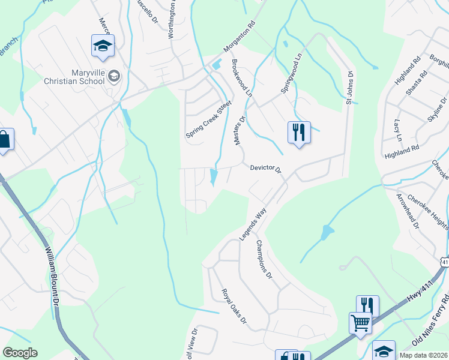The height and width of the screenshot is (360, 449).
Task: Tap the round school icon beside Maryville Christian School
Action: pos(115,76)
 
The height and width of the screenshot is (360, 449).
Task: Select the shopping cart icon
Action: pos(360,322)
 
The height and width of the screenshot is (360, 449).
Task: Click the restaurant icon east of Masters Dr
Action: pos(299,132)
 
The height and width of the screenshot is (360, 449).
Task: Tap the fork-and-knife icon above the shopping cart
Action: pos(367,305)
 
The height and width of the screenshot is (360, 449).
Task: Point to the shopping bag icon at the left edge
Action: pos(4,140)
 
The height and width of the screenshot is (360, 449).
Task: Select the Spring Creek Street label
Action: pos(208,119)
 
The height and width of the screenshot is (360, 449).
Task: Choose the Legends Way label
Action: pos(253,224)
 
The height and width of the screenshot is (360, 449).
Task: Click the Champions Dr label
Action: pos(265,260)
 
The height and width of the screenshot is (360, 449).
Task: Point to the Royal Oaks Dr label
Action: pos(234,307)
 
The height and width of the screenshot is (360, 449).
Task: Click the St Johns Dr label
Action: pos(349,87)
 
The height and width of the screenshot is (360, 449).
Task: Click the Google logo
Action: pos(20,353)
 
